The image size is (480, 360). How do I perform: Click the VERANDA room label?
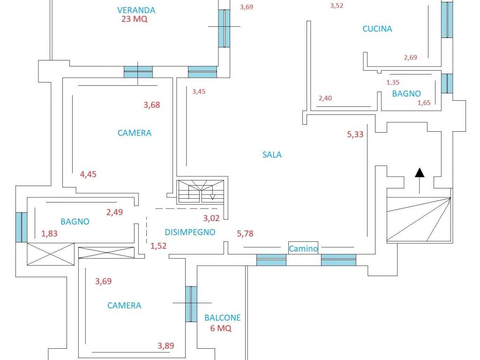pos(136,10)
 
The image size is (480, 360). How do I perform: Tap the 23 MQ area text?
pos(135,19)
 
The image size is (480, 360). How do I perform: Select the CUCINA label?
pos(377,29)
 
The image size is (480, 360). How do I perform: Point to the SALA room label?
pos(272,155)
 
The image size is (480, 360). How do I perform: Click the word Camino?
pos(303,248)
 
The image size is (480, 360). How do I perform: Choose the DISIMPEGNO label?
pos(190,232)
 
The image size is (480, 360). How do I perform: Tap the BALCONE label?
pos(222,318)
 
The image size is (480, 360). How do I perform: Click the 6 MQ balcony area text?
pos(221,328)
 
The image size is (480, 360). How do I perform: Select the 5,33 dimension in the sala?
pos(355,134)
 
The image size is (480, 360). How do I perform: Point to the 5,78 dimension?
pos(245,233)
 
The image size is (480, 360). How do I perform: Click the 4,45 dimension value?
pos(88,174)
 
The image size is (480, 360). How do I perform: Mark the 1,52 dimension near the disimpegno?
pos(158,246)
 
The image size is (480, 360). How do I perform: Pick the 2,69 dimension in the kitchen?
pos(411,57)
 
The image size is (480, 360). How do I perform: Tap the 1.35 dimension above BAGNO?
pos(393,82)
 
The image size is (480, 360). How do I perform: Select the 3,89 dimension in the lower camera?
pos(166,345)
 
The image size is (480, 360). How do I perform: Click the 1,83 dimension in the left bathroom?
pos(49,233)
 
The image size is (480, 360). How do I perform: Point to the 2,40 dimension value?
pos(325,98)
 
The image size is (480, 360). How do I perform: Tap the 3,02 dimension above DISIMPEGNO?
pos(211,218)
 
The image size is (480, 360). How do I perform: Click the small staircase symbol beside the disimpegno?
pos(201,192)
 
